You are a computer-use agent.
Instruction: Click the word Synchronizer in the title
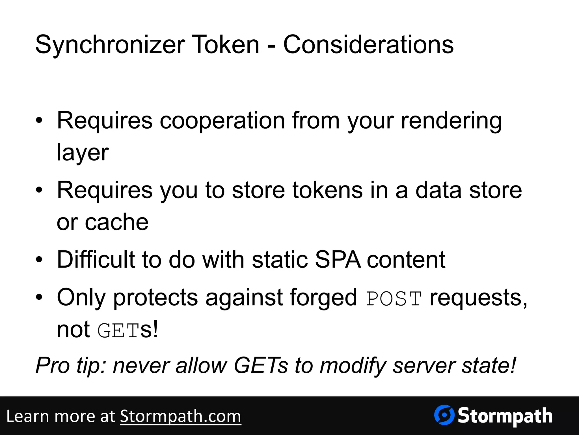click(110, 45)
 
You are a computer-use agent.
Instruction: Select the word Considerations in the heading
click(368, 45)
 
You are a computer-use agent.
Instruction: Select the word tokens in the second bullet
click(327, 190)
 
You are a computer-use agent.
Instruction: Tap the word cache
click(116, 222)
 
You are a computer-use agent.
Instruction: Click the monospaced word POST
click(394, 298)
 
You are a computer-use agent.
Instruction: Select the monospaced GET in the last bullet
click(119, 330)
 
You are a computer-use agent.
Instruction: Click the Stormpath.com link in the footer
click(180, 416)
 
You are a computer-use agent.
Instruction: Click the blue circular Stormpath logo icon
click(444, 415)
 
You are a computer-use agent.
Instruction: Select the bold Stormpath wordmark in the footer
click(505, 416)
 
